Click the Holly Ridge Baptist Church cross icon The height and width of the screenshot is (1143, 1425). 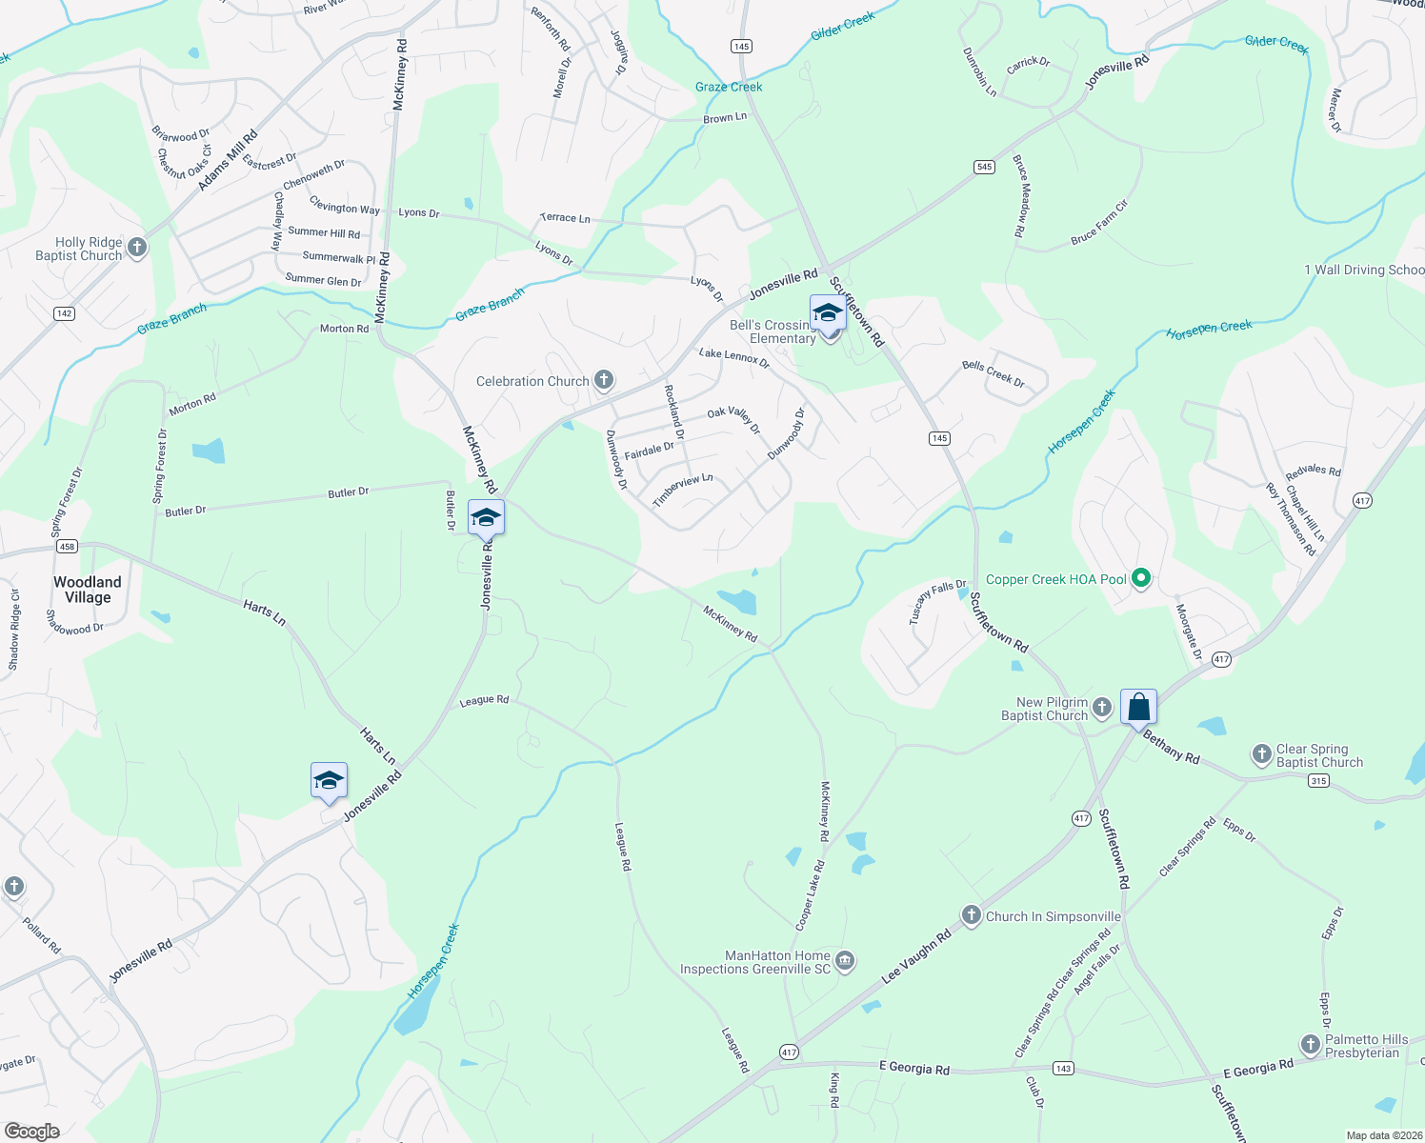[137, 249]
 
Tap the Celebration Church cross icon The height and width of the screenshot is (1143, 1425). [604, 381]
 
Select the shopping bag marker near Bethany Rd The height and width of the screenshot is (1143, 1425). [1138, 708]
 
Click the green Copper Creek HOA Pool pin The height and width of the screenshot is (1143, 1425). [1141, 579]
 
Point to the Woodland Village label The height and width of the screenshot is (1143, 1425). [88, 590]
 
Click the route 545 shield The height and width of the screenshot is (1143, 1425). [984, 167]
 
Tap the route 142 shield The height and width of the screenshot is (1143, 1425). [64, 313]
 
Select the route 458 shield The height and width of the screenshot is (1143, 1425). [67, 547]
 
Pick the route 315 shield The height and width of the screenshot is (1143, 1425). [1318, 781]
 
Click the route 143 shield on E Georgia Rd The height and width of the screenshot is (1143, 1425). [1063, 1068]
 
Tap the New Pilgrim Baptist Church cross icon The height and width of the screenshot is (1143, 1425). [1102, 708]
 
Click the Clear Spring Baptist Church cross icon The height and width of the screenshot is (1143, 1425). [1262, 755]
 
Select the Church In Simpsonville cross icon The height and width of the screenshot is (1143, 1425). [971, 916]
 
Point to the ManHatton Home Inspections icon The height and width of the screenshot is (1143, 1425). [845, 962]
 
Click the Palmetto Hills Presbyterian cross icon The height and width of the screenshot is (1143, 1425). [1311, 1046]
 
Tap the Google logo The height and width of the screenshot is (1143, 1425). [31, 1131]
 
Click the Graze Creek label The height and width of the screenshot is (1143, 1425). [729, 87]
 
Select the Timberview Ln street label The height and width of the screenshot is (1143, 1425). [683, 490]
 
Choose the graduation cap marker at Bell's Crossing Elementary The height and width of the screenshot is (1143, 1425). [827, 313]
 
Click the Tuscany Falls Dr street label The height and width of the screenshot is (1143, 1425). [937, 602]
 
